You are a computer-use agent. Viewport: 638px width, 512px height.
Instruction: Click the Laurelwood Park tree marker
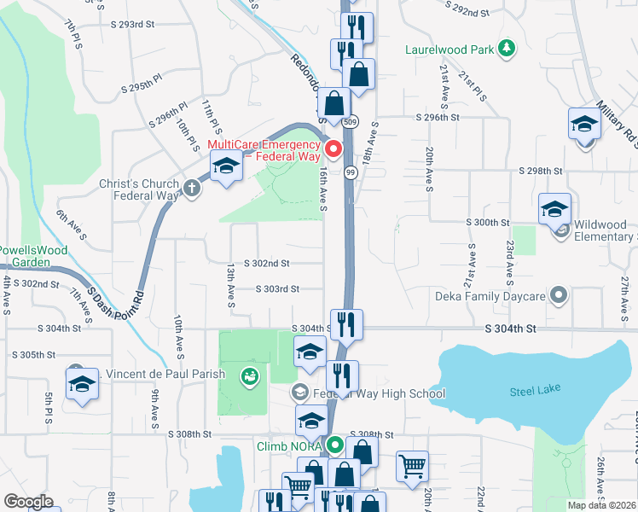[x=507, y=49]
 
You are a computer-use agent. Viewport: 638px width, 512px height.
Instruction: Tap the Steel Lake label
[x=534, y=392]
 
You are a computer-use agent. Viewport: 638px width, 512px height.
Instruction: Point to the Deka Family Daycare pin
[x=560, y=296]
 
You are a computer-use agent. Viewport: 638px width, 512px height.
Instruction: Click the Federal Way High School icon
[x=299, y=393]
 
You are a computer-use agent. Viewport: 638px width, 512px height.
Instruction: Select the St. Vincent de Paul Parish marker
[x=250, y=374]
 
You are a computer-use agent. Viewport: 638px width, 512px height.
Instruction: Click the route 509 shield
[x=351, y=122]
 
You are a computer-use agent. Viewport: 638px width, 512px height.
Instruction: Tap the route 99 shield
[x=351, y=173]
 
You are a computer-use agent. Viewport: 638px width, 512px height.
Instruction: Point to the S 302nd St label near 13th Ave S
[x=267, y=265]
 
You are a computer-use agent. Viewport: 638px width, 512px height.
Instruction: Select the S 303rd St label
[x=277, y=289]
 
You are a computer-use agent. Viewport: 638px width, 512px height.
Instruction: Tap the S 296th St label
[x=438, y=117]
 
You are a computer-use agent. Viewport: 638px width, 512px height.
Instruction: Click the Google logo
[x=28, y=502]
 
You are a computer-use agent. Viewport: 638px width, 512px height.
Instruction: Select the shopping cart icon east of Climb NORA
[x=413, y=466]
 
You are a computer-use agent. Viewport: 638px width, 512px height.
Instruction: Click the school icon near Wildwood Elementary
[x=554, y=208]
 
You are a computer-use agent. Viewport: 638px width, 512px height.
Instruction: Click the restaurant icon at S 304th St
[x=346, y=324]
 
